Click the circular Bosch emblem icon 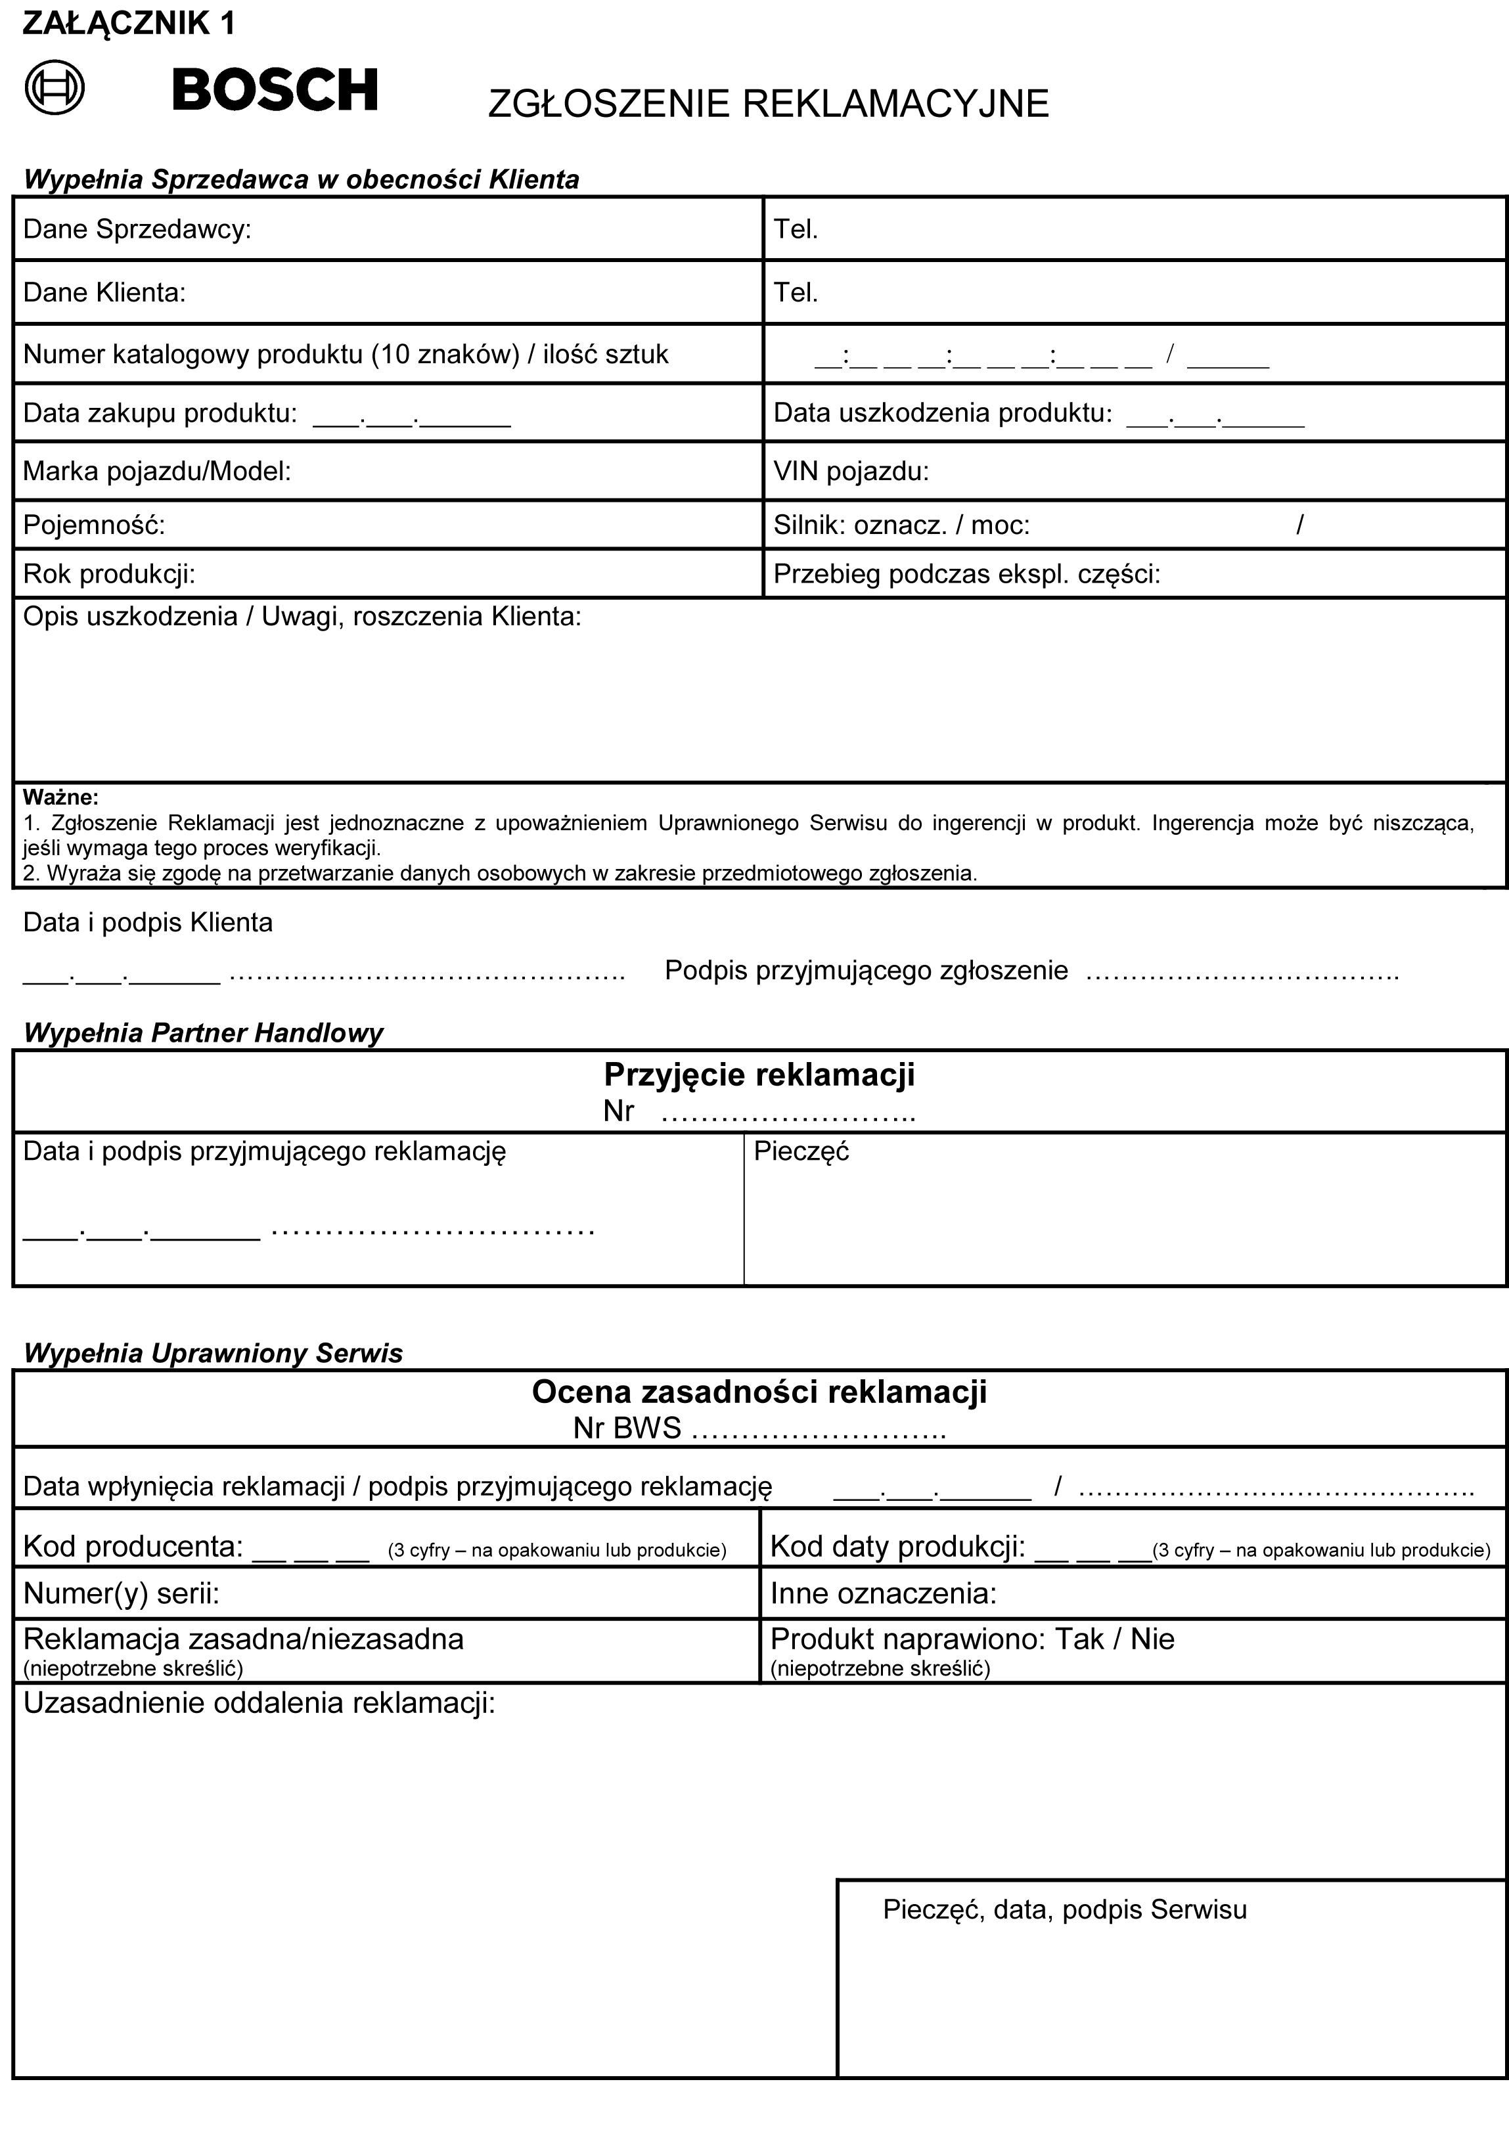click(x=55, y=88)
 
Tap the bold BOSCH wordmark click(x=275, y=90)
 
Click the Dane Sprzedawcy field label click(x=137, y=229)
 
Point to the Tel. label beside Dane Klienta click(x=796, y=293)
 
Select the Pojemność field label click(x=94, y=526)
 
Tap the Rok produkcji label click(x=108, y=574)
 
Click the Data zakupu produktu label click(x=160, y=413)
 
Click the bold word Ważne click(x=60, y=797)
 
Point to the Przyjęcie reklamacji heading click(x=759, y=1075)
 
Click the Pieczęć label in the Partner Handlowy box click(x=801, y=1152)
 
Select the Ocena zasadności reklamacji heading click(x=759, y=1392)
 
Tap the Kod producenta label click(x=133, y=1547)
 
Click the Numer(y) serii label click(x=121, y=1594)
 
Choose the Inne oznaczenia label click(x=883, y=1594)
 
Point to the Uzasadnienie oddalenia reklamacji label click(x=259, y=1704)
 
